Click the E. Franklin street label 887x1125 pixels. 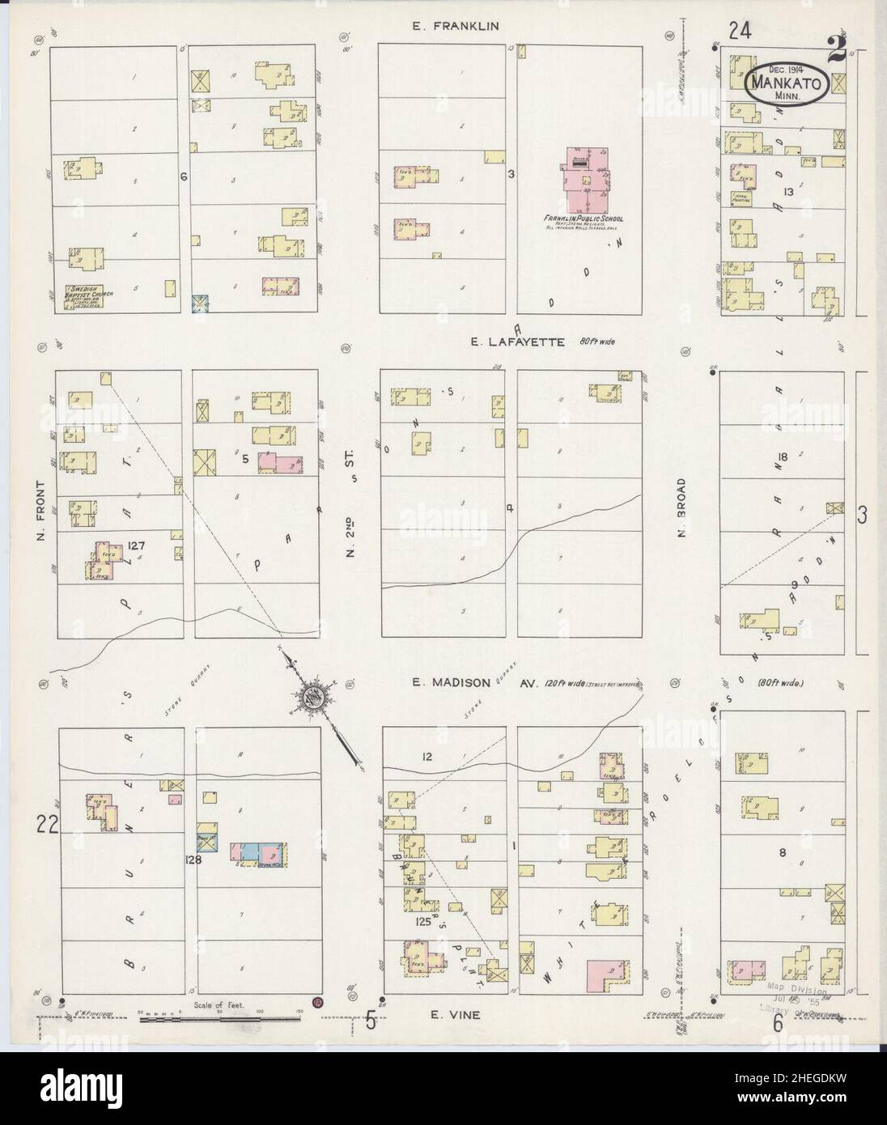point(454,26)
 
